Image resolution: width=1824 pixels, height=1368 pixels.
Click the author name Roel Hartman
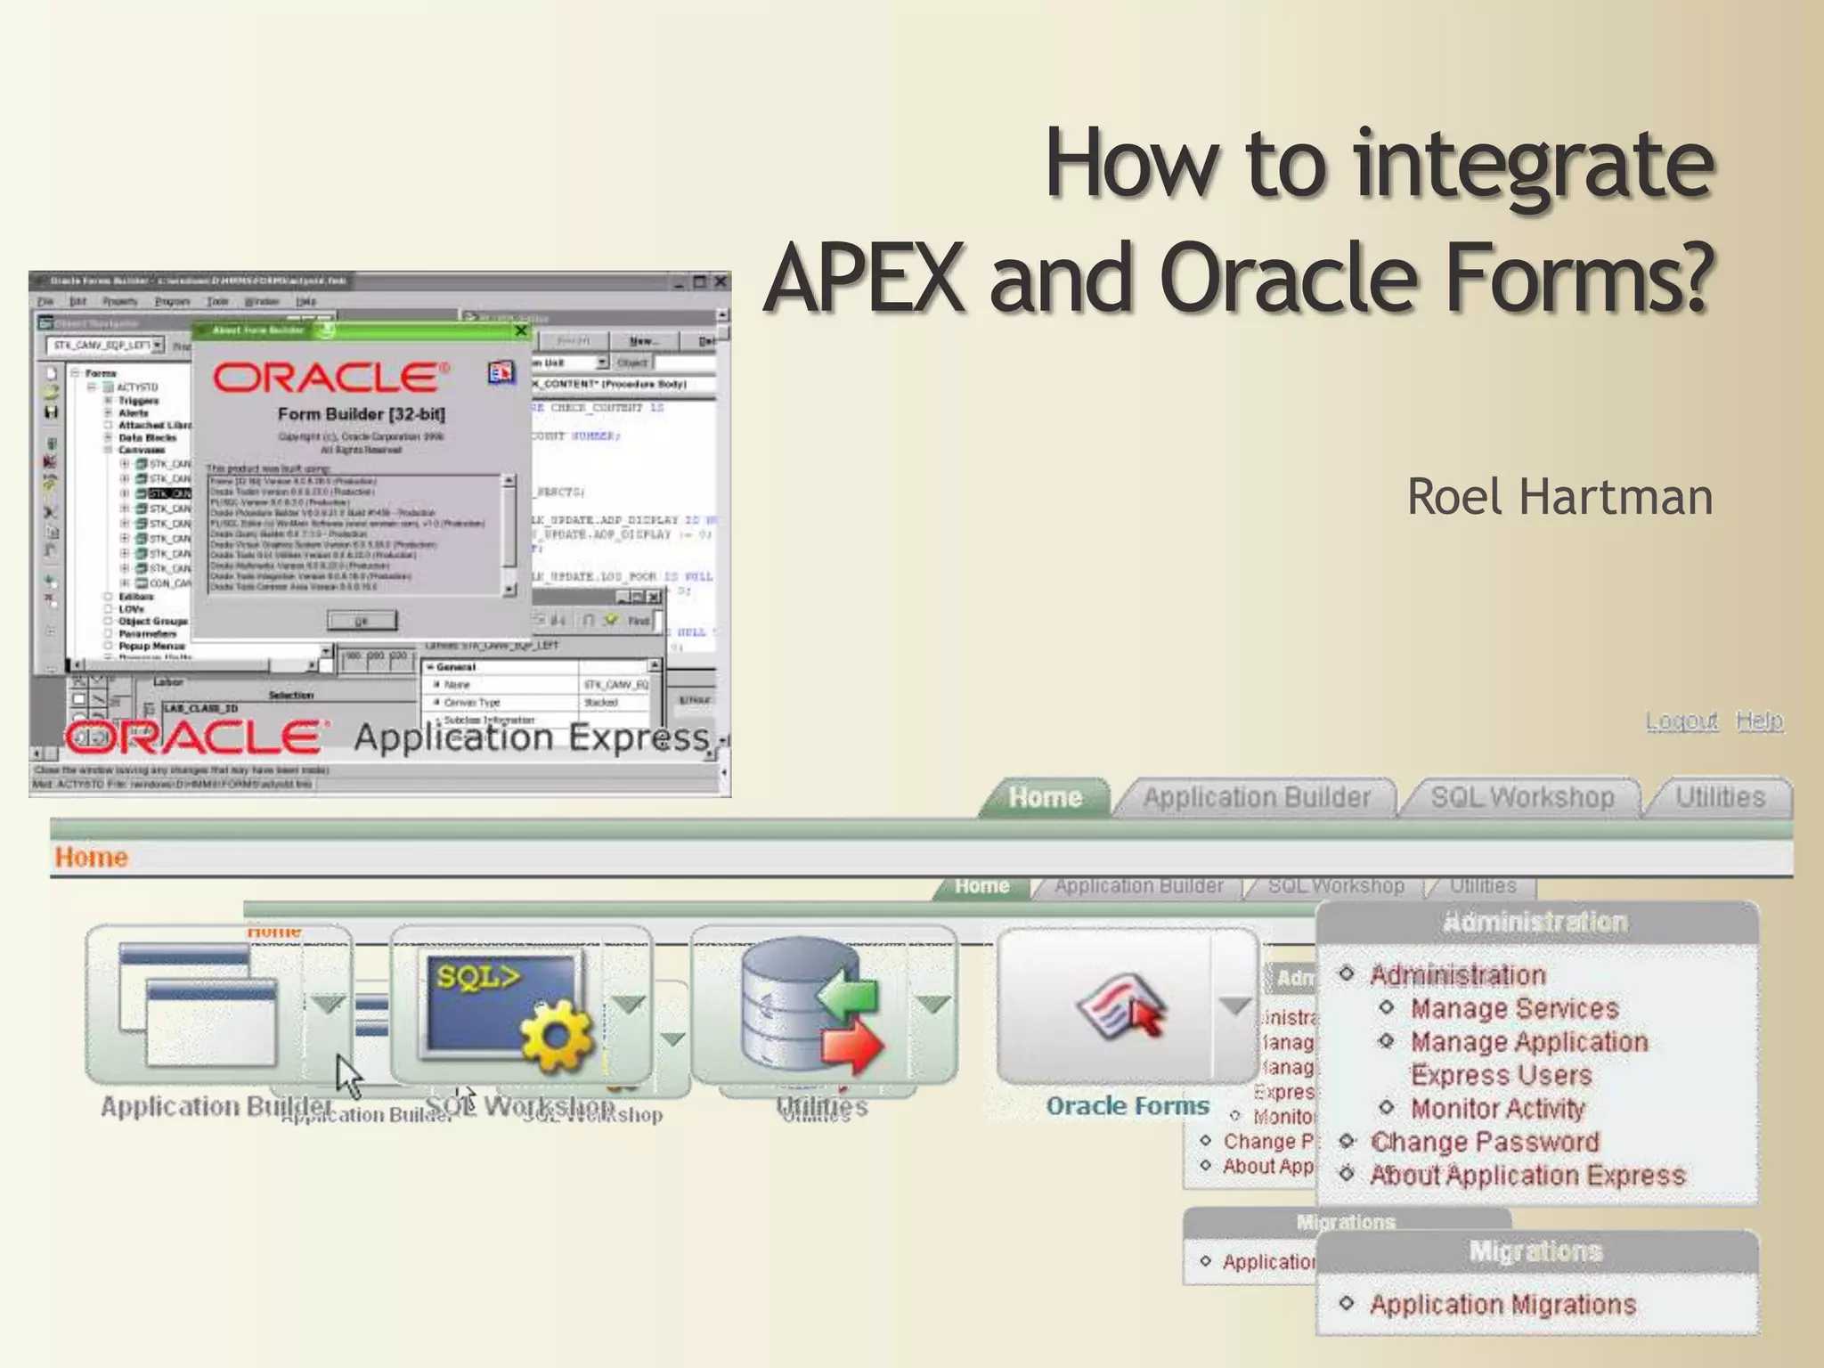(1559, 497)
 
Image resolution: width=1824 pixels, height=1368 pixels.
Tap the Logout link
(1681, 720)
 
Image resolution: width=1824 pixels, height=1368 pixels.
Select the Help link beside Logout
(1759, 720)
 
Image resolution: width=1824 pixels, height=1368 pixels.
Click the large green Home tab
(1045, 797)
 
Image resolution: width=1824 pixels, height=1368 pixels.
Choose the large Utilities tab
(1720, 797)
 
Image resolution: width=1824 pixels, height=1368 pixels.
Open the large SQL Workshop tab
(1522, 797)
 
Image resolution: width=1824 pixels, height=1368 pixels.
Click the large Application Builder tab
(1256, 797)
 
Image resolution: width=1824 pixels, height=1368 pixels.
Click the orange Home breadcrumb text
(91, 857)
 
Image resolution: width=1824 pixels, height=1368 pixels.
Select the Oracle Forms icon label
(1128, 1106)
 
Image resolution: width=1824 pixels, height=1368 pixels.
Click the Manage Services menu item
(1514, 1008)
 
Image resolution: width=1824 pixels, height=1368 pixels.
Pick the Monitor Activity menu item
(1497, 1109)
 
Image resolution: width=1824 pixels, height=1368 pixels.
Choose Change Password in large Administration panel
(1484, 1142)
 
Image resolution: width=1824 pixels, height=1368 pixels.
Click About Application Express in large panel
(1527, 1176)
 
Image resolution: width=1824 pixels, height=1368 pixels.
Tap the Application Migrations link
(1502, 1305)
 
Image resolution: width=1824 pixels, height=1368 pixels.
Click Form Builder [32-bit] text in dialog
(361, 414)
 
